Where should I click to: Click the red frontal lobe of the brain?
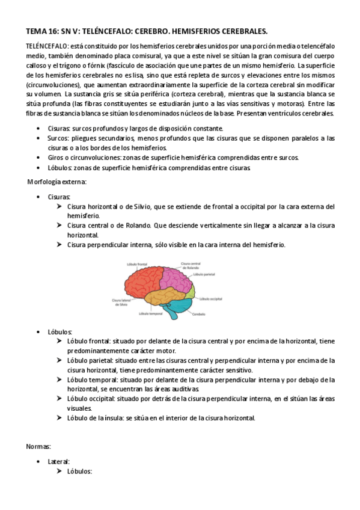pos(141,281)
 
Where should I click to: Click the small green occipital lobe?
pos(191,292)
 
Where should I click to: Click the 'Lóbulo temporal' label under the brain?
pos(151,314)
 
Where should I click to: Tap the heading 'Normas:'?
pos(38,447)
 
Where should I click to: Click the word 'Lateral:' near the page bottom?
pos(59,461)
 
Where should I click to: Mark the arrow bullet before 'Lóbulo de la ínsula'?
pos(59,418)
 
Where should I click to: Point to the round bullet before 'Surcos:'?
pos(40,138)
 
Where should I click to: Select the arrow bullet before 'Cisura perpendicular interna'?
pos(59,245)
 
